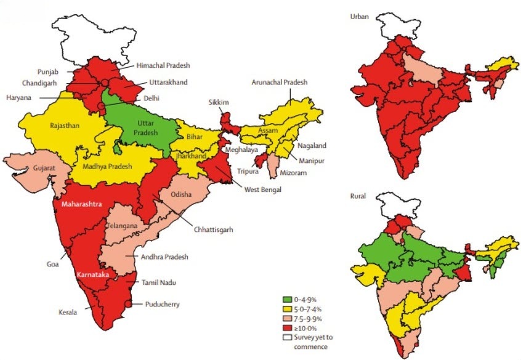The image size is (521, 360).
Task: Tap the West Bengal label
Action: (262, 190)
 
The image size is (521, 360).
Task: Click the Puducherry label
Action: (163, 304)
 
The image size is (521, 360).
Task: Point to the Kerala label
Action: (68, 313)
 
